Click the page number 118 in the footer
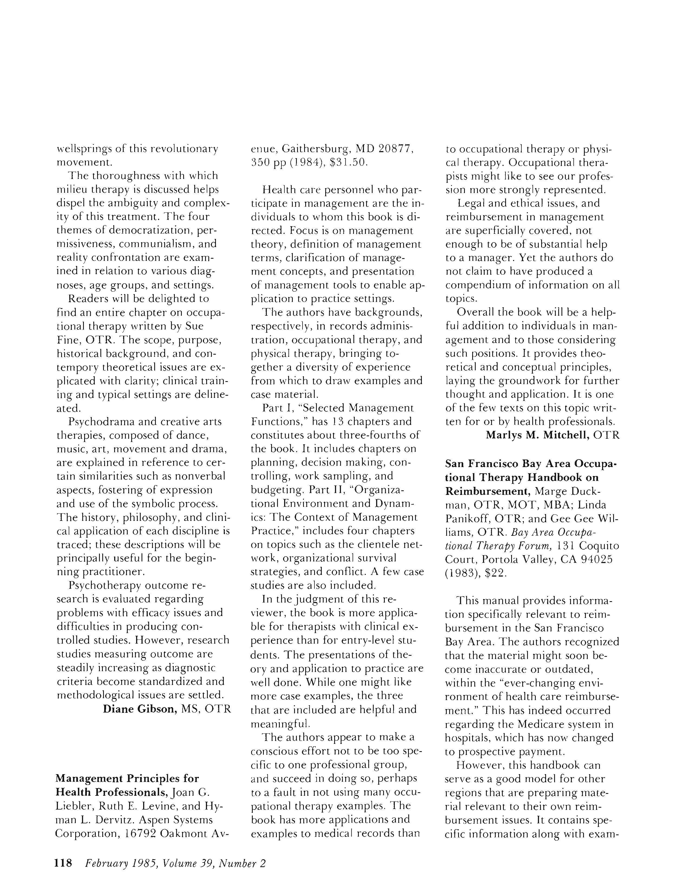point(63,863)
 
